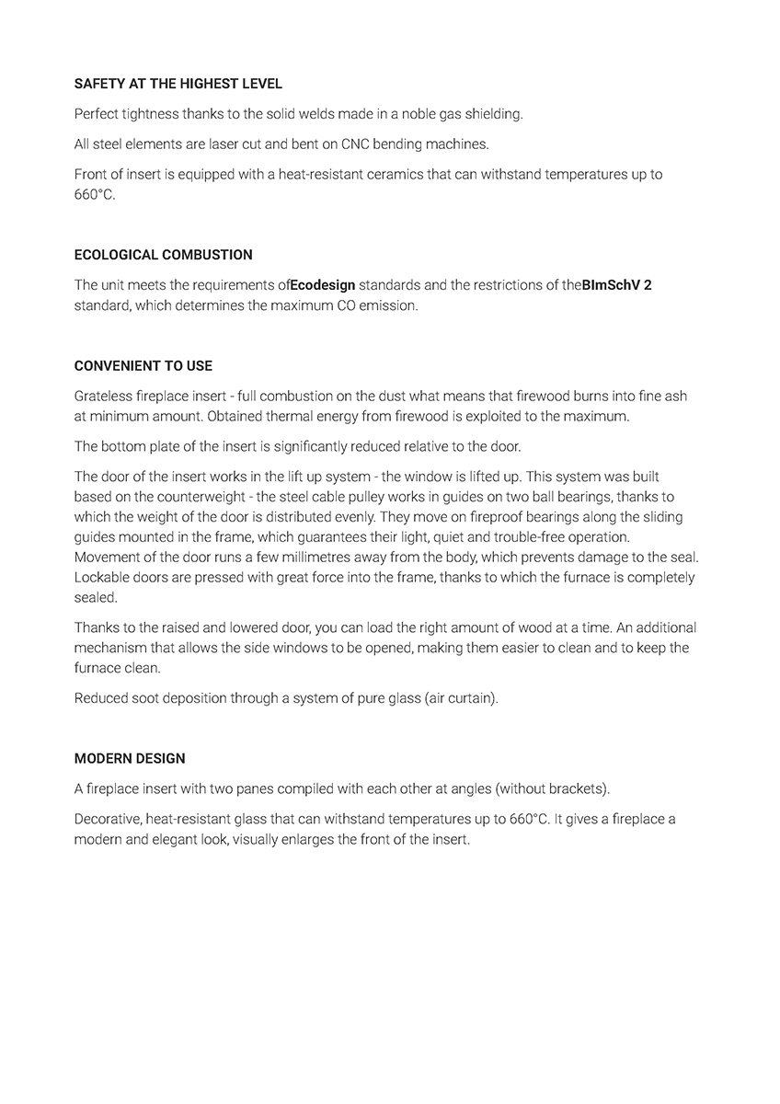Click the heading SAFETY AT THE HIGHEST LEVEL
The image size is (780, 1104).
coord(178,84)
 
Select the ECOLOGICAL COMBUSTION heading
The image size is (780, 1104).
coord(163,255)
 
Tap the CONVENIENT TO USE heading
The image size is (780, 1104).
coord(143,366)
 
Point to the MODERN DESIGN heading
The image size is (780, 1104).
coord(130,759)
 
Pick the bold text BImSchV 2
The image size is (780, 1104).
coord(616,285)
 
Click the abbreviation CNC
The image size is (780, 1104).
coord(354,144)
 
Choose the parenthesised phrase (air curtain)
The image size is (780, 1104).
coord(461,698)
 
